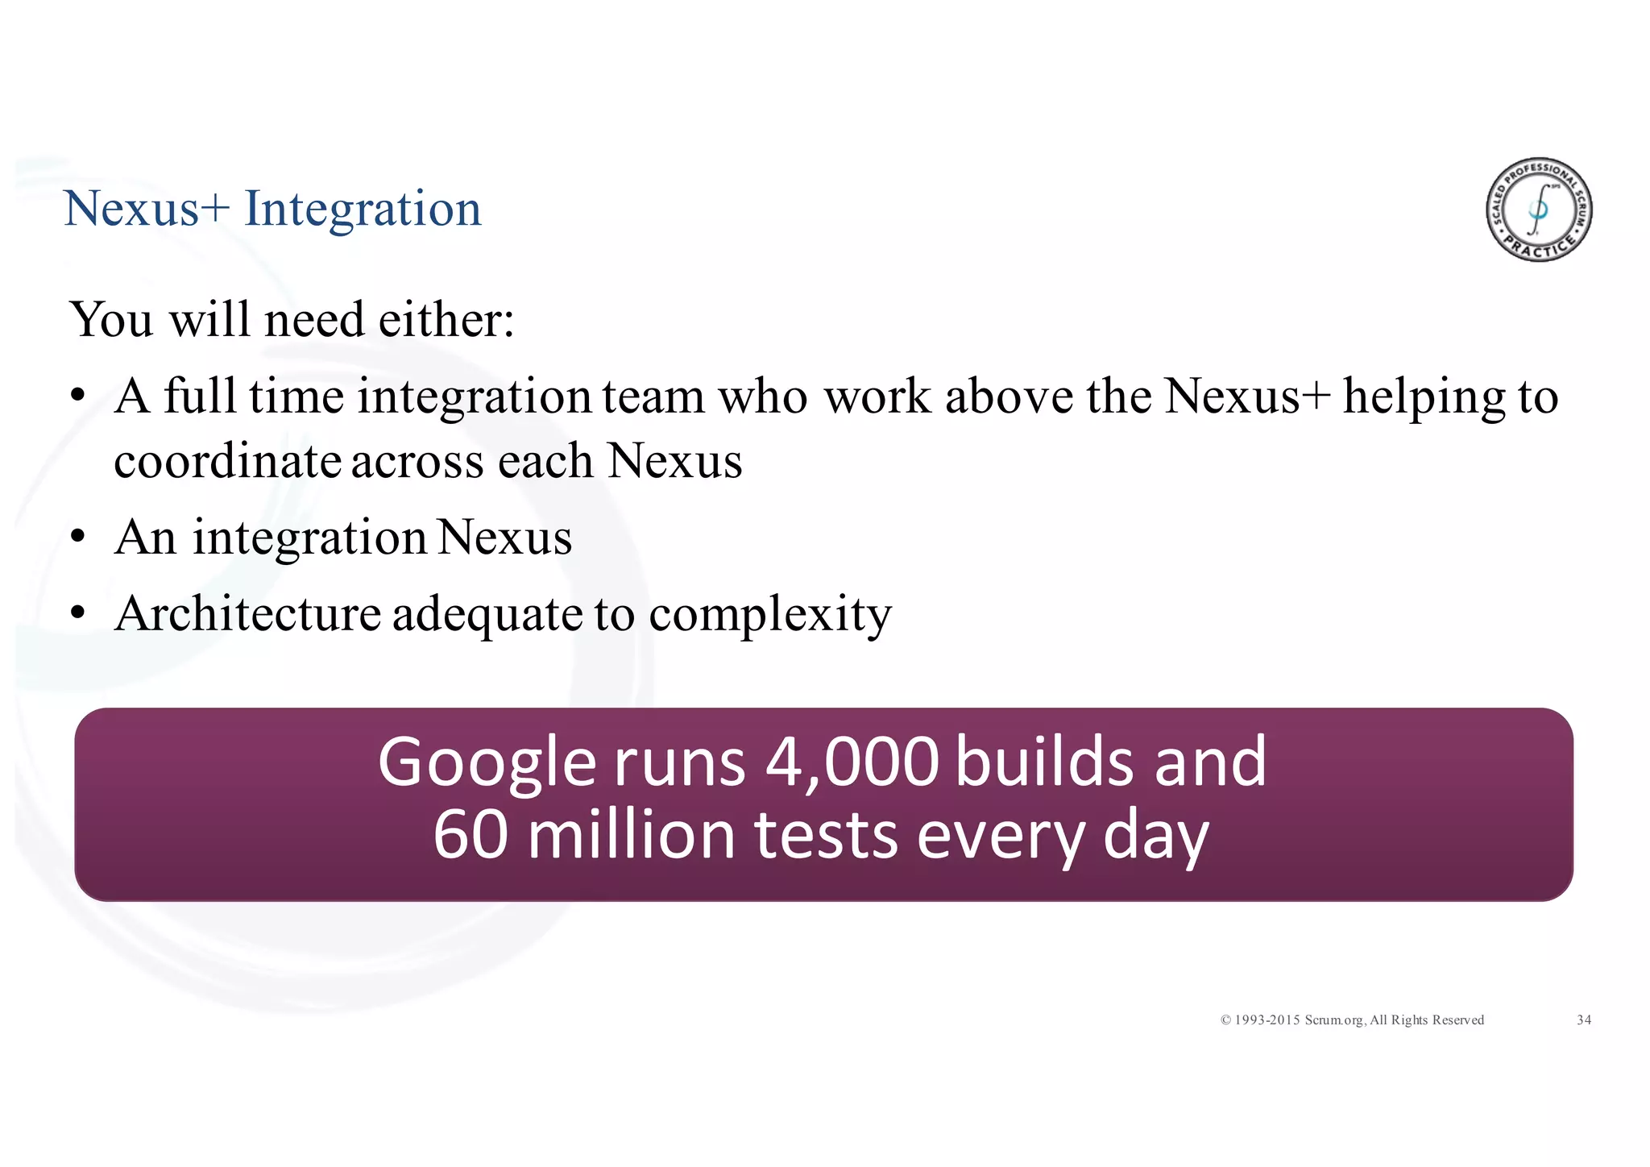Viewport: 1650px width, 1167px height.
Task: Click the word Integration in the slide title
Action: tap(363, 210)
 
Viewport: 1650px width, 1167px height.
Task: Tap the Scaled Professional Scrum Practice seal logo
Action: tap(1539, 210)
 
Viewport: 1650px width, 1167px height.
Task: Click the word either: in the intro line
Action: tap(446, 320)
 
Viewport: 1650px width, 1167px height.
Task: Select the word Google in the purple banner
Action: tap(487, 763)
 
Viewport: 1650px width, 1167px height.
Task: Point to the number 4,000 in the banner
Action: tap(852, 762)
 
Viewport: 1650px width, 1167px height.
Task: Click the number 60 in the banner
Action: tap(471, 836)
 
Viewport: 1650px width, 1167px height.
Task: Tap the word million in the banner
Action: tap(632, 836)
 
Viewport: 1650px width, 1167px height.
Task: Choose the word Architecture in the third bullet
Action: tap(247, 614)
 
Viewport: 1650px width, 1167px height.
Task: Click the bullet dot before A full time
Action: tap(77, 397)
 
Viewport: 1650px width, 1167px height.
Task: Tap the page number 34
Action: tap(1584, 1020)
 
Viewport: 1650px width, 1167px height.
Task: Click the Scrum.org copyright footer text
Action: tap(1352, 1020)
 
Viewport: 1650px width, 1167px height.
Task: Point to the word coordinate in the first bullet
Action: tap(227, 462)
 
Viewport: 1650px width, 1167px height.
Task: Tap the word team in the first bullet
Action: tap(653, 397)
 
